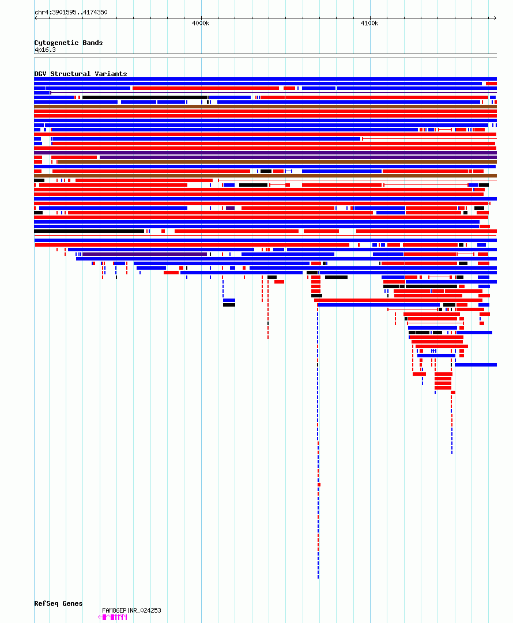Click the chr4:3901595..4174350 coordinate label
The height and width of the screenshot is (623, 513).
(x=70, y=12)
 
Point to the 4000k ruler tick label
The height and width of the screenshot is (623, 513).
(x=201, y=24)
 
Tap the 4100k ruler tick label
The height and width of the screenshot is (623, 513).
(x=369, y=24)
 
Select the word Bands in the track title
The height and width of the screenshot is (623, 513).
(x=92, y=43)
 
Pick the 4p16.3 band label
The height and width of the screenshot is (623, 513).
(x=45, y=50)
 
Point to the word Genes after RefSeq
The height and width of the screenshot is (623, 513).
(x=73, y=603)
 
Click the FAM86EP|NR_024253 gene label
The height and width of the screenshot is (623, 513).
(x=131, y=610)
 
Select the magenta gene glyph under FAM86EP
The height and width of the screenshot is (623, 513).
(x=113, y=617)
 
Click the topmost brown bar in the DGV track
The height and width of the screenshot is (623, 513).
(x=265, y=107)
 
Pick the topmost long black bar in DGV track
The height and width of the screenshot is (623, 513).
(x=144, y=97)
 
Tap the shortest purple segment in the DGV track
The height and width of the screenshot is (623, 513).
(x=230, y=208)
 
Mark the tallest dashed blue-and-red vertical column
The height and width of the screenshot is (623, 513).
(x=318, y=438)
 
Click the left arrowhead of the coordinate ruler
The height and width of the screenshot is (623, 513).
(x=36, y=18)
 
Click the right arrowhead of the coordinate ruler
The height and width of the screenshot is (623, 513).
(x=495, y=18)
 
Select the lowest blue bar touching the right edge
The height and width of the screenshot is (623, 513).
(x=476, y=365)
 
